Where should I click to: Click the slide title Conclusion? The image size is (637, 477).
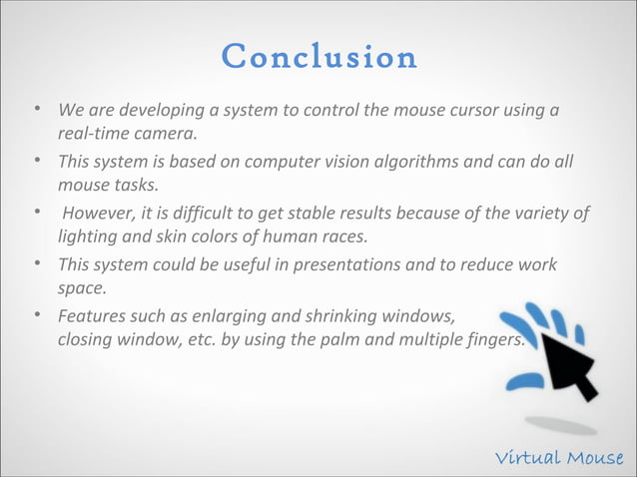318,57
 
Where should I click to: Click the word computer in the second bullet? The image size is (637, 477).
271,161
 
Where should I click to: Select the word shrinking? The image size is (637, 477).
330,317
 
